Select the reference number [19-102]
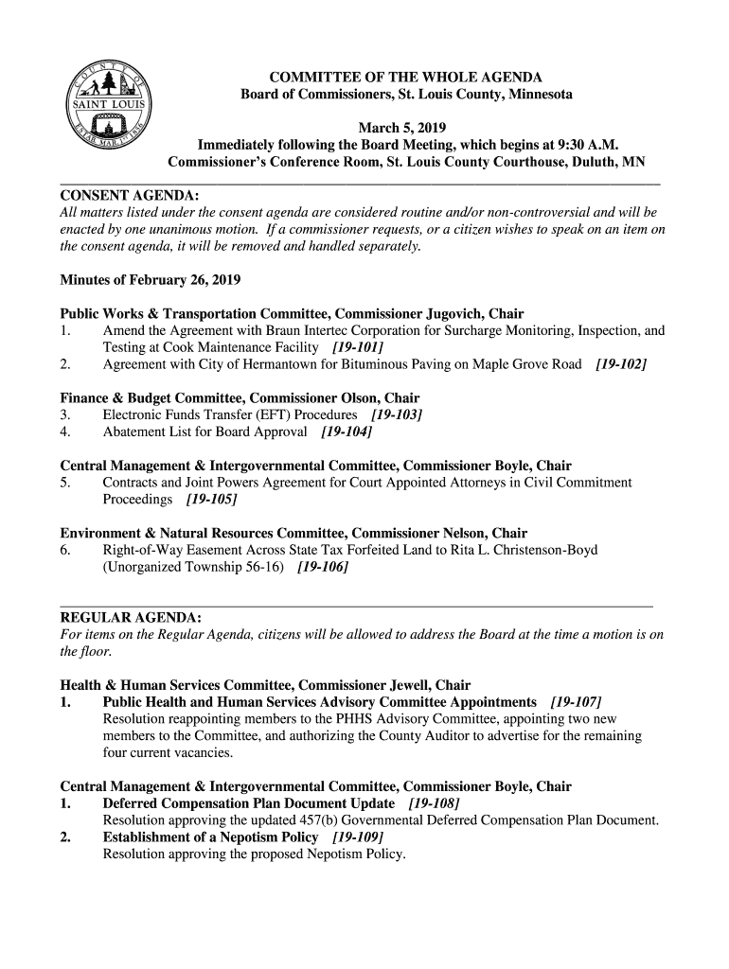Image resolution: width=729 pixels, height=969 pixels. click(621, 364)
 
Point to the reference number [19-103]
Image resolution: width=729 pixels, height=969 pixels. click(397, 415)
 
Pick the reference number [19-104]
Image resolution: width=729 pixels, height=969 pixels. click(347, 432)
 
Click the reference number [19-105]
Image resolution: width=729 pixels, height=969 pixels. click(211, 500)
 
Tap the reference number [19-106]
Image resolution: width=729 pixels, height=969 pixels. click(323, 567)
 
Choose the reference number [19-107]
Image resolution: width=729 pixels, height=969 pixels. click(576, 702)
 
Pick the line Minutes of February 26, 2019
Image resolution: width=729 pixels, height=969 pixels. click(151, 280)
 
